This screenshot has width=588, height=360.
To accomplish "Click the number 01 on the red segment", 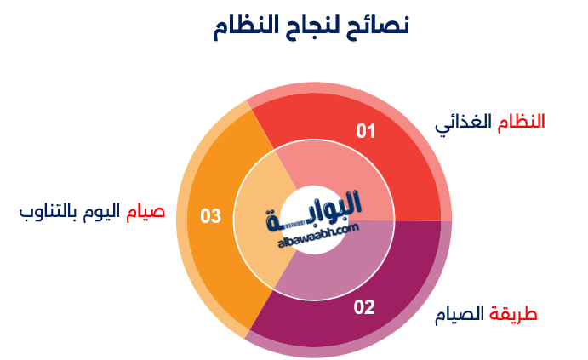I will [x=366, y=131].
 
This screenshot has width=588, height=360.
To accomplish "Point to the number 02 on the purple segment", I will [x=364, y=307].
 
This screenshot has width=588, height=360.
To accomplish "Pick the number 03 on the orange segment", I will [x=210, y=216].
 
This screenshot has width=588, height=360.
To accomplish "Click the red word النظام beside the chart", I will [x=521, y=122].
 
